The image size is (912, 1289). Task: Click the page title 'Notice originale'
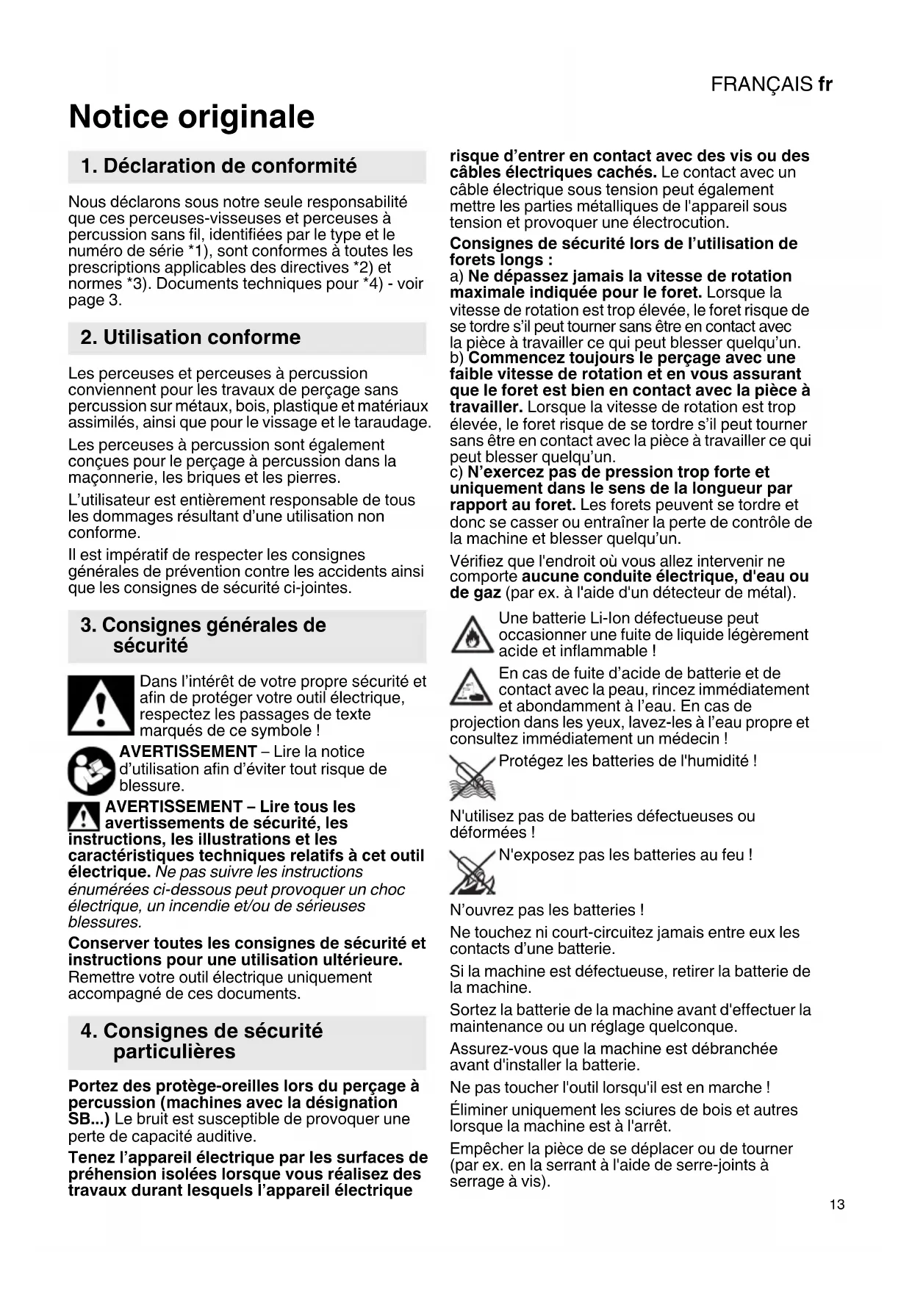point(191,117)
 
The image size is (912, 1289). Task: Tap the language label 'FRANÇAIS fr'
point(771,85)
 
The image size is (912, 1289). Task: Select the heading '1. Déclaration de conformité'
point(219,166)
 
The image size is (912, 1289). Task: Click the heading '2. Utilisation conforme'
point(190,338)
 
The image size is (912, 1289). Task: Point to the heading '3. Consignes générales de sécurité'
point(203,636)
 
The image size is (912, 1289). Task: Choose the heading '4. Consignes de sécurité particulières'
point(201,1041)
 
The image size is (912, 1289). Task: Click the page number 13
point(836,1204)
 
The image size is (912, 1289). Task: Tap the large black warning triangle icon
point(101,705)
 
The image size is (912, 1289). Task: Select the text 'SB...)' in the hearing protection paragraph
point(89,1119)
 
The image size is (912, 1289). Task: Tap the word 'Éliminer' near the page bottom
point(478,1110)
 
